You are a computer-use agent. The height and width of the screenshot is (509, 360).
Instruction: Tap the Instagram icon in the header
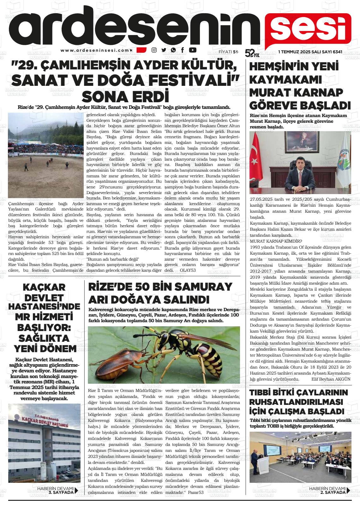click(154, 50)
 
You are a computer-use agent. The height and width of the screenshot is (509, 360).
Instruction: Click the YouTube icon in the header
click(192, 50)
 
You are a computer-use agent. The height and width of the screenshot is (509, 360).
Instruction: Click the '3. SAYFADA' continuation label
click(60, 492)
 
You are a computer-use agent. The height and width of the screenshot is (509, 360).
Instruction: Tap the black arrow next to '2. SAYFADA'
click(348, 490)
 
